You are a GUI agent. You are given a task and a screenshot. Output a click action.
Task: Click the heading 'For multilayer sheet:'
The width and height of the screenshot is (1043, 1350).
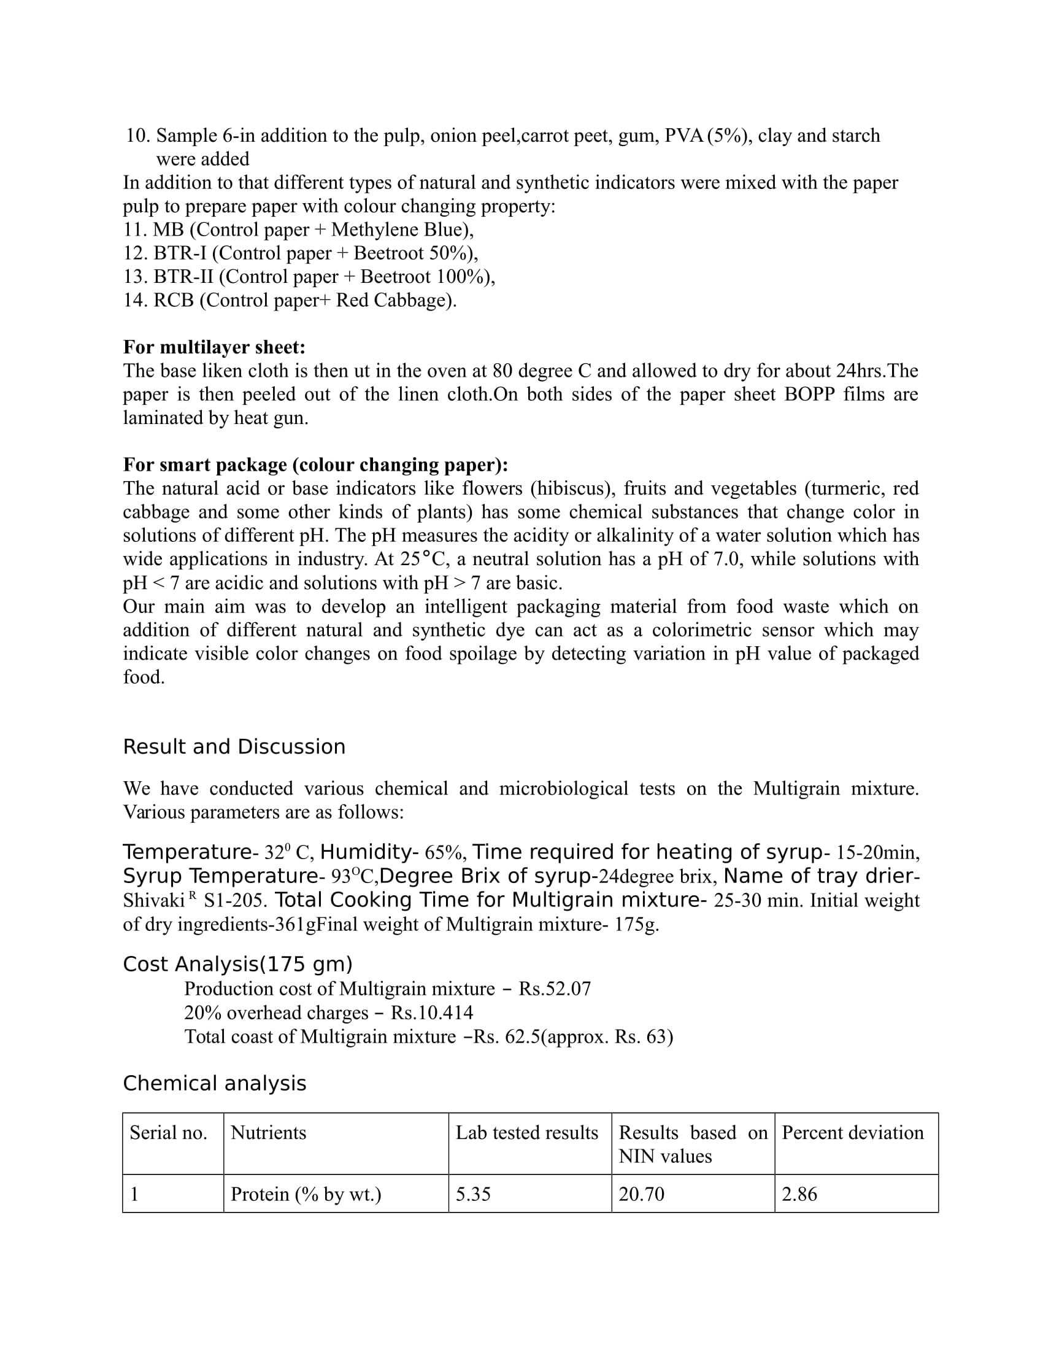214,347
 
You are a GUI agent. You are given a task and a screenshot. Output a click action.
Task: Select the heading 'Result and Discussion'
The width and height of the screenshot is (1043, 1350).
234,747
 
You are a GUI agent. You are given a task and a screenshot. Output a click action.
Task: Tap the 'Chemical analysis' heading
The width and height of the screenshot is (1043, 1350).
214,1084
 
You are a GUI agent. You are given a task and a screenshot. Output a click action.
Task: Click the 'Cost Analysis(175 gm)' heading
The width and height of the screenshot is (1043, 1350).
237,964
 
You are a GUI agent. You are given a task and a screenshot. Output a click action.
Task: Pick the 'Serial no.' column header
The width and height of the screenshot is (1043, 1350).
168,1132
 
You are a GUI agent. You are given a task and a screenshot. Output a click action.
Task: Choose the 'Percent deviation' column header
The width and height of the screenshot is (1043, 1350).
852,1132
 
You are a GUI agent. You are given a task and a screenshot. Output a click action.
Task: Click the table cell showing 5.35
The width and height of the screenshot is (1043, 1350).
473,1194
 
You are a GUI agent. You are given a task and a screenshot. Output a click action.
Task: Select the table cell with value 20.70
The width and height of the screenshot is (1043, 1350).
641,1194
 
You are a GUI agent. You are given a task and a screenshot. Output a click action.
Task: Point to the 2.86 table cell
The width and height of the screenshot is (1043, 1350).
799,1194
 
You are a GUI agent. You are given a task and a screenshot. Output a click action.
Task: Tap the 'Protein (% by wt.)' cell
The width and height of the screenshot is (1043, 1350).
306,1194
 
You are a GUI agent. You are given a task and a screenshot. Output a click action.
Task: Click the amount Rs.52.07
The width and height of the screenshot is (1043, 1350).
554,989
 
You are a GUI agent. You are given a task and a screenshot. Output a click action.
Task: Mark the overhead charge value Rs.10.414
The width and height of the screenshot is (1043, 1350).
432,1012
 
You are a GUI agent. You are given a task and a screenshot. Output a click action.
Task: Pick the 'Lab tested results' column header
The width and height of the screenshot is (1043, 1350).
526,1132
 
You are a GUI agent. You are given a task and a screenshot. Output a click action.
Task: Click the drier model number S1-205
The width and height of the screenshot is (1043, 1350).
236,901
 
